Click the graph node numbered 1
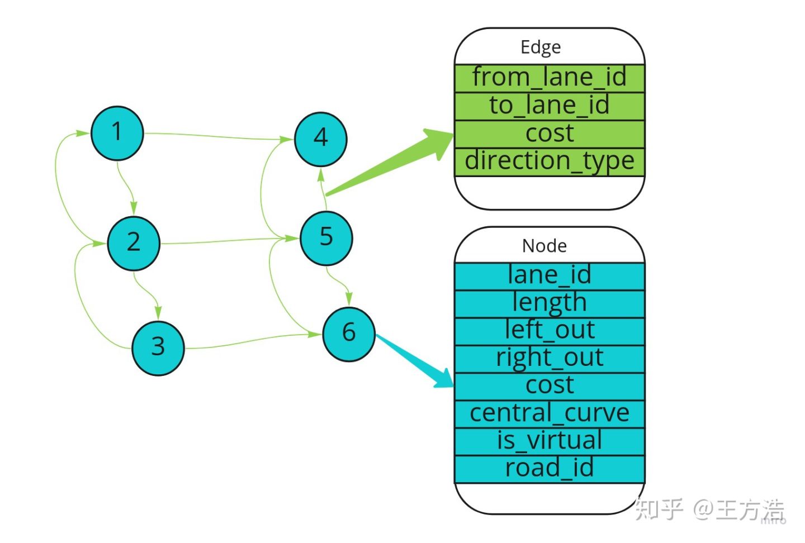(117, 133)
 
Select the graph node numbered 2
(134, 244)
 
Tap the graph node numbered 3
(158, 348)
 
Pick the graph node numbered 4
(320, 139)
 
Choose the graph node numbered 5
(326, 239)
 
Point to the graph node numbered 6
(349, 334)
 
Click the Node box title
(544, 246)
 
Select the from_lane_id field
(550, 78)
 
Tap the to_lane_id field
(550, 106)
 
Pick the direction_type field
(550, 162)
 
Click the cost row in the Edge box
(550, 134)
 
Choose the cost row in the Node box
(550, 387)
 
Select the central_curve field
(550, 415)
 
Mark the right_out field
(550, 359)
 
